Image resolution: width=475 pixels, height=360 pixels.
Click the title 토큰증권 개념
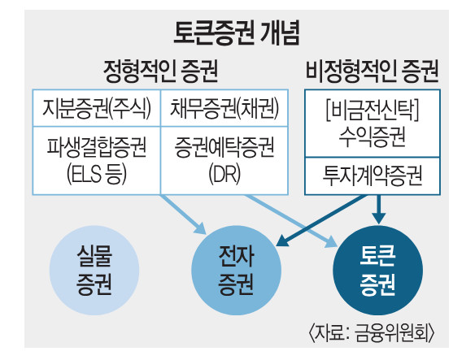(x=237, y=33)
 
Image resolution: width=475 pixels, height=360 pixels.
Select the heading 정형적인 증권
(x=161, y=72)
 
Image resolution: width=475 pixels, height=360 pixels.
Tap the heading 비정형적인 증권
(x=373, y=72)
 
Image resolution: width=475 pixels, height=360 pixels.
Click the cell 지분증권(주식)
(x=96, y=108)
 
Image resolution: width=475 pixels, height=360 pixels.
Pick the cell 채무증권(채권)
(x=224, y=108)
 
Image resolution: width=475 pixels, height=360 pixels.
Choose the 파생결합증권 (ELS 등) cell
(x=96, y=160)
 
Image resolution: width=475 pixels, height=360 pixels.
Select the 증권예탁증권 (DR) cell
(x=224, y=160)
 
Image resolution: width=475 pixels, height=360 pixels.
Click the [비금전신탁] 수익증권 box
(x=373, y=124)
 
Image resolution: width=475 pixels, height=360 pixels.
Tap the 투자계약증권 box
(x=373, y=176)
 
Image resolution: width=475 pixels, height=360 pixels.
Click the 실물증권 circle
(x=94, y=270)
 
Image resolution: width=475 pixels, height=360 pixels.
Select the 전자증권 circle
(x=237, y=270)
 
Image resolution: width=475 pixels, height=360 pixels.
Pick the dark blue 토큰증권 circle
(x=377, y=270)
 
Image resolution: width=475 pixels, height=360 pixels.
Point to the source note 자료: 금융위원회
(x=372, y=333)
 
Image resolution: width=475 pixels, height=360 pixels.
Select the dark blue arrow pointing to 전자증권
(x=321, y=220)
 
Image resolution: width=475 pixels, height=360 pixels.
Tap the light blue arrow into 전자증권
(x=184, y=215)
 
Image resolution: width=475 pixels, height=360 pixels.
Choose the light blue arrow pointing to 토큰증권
(x=291, y=222)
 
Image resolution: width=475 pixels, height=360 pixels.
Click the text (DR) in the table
(x=224, y=174)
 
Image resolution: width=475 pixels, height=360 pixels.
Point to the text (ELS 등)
(x=96, y=174)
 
